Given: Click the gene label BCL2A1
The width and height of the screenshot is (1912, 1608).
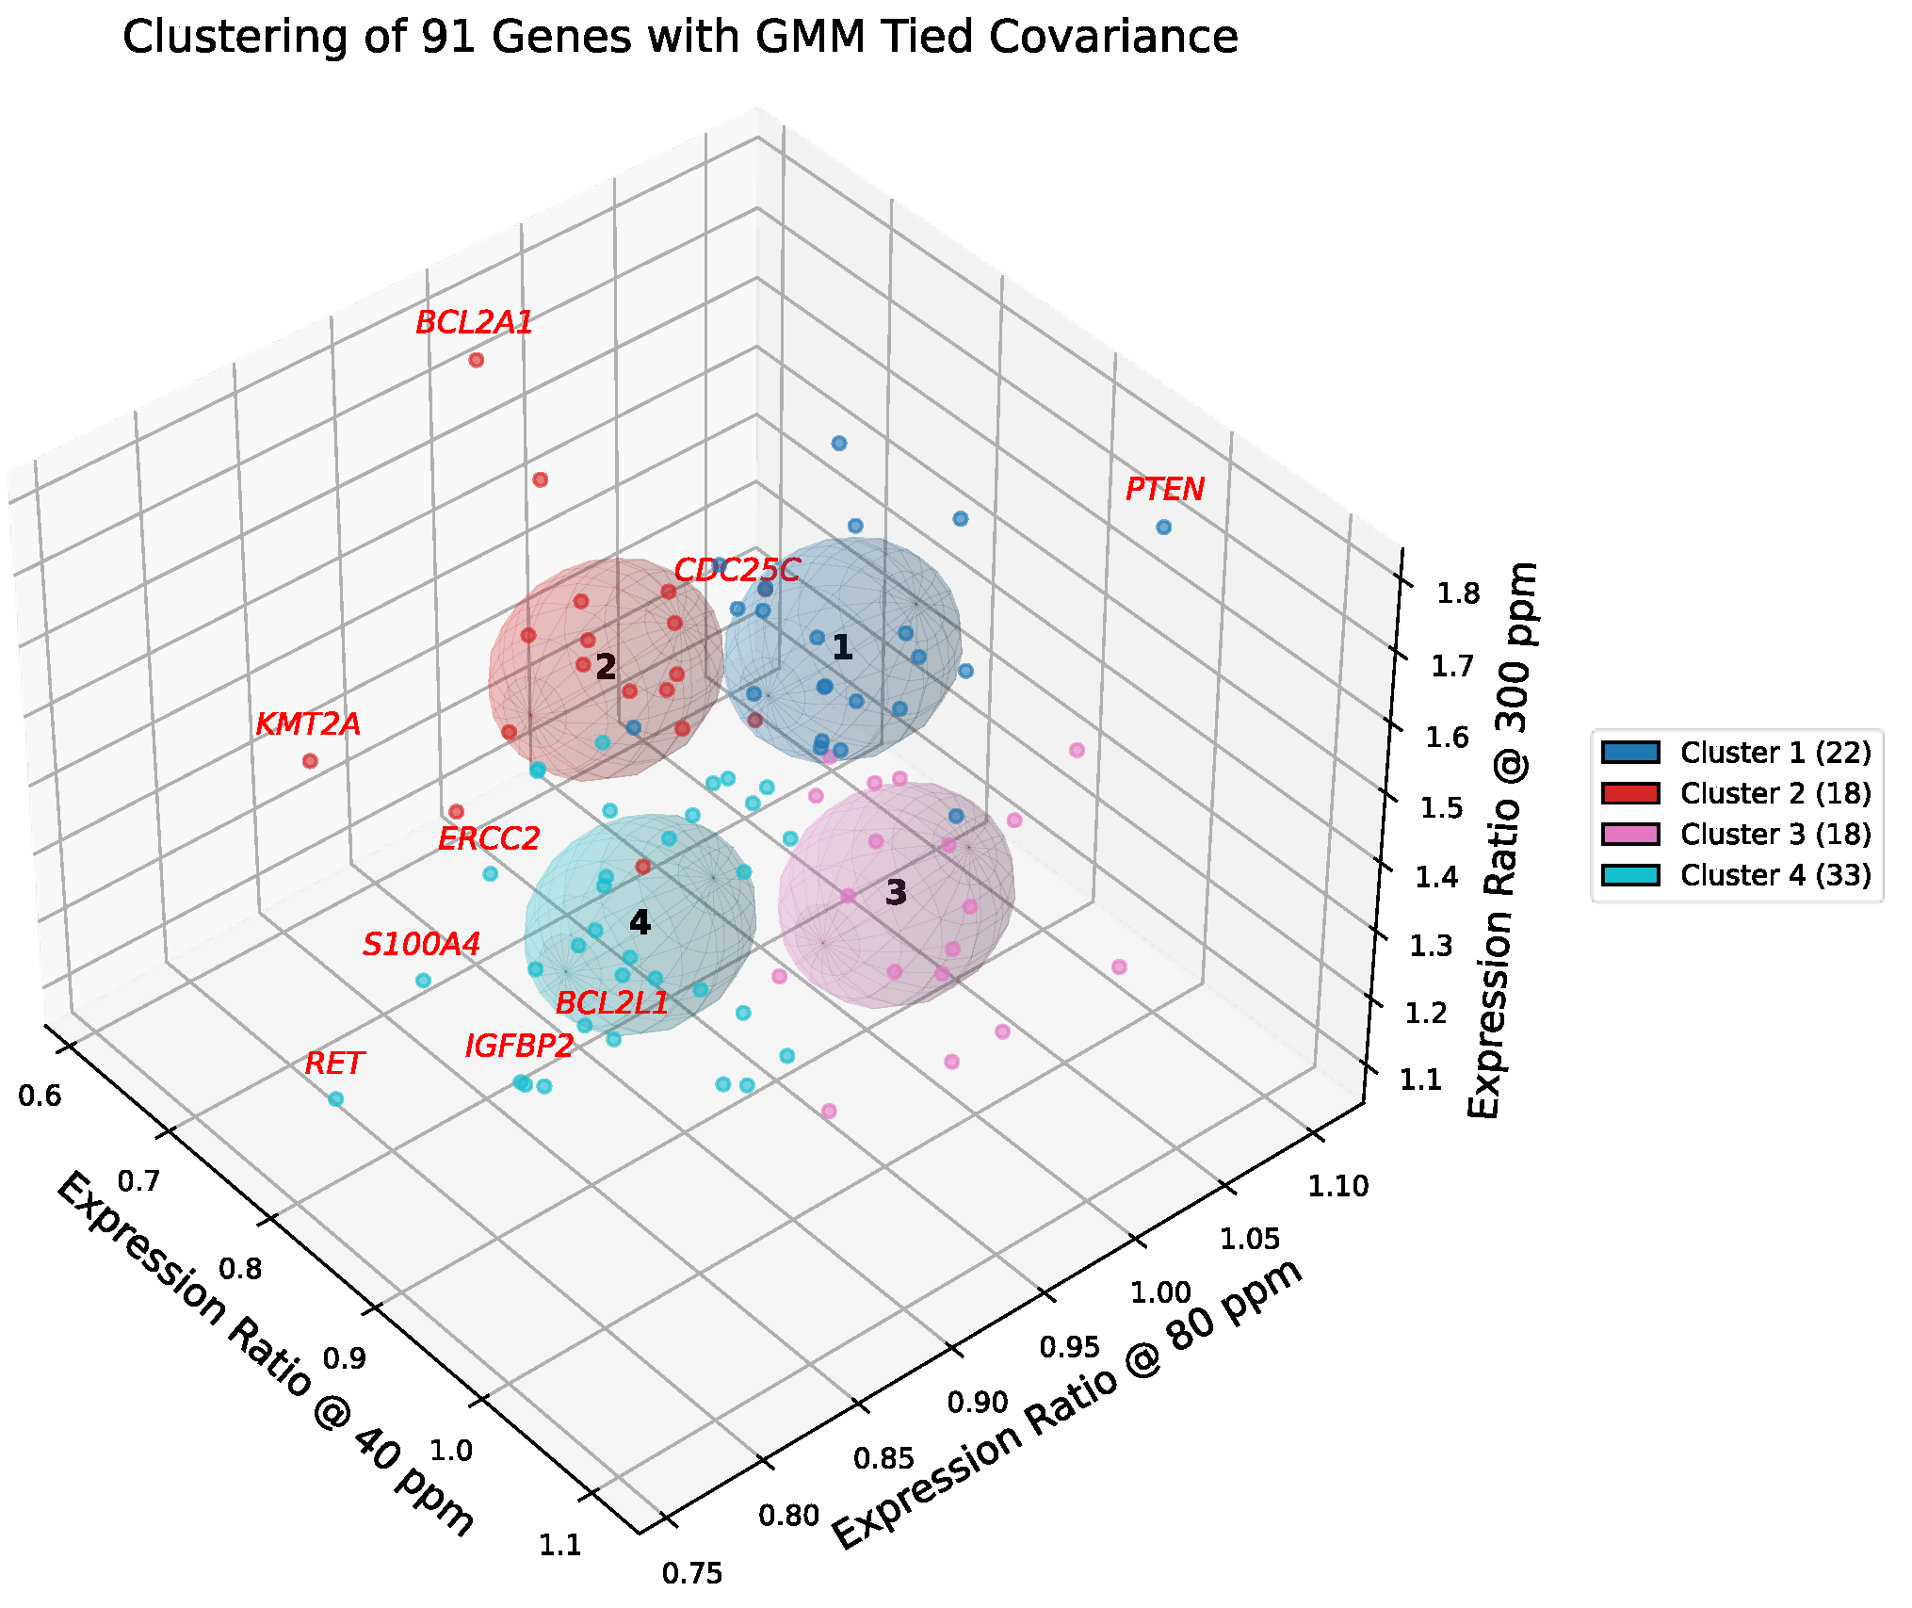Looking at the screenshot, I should click(x=474, y=323).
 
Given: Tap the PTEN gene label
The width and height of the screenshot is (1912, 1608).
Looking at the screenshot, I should click(x=1164, y=490).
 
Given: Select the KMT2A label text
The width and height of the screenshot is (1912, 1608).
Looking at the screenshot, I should click(x=308, y=724).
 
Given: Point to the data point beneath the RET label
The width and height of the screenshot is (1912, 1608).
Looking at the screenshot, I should click(x=335, y=1098).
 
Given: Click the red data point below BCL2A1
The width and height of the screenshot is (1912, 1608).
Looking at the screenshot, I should click(x=477, y=360).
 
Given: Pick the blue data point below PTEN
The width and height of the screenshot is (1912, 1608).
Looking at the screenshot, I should click(x=1163, y=528).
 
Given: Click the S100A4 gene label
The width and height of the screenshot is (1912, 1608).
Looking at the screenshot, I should click(x=421, y=944).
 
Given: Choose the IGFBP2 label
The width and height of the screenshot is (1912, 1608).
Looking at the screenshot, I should click(x=519, y=1046).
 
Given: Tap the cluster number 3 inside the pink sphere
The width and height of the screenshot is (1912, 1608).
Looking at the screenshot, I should click(x=896, y=892).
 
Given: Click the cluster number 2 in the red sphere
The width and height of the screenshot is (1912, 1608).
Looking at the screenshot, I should click(x=606, y=667).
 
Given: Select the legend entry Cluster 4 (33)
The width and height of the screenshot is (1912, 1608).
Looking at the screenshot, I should click(x=1774, y=875).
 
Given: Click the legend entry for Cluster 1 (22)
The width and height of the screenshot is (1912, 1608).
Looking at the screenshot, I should click(x=1774, y=753).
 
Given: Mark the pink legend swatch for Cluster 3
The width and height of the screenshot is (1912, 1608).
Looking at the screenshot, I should click(x=1630, y=835).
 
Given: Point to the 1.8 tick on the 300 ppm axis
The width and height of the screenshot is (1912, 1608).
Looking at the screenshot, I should click(x=1457, y=593).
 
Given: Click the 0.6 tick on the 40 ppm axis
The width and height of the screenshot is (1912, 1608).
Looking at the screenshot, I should click(x=40, y=1096).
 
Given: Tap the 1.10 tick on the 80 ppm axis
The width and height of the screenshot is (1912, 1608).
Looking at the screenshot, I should click(x=1337, y=1185).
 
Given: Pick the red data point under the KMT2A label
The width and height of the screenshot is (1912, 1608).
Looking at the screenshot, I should click(x=310, y=761).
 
